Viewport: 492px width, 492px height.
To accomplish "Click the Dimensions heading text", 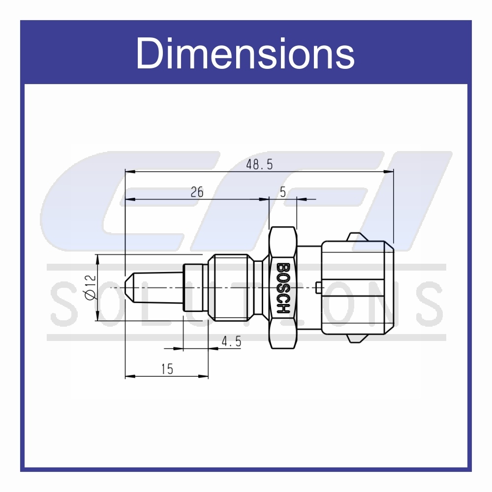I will (245, 53).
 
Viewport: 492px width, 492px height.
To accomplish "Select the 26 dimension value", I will (197, 192).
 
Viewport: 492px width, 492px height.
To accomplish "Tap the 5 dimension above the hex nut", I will (283, 192).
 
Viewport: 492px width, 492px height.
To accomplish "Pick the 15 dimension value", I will (167, 369).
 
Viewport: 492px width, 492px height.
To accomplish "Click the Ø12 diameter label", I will (89, 287).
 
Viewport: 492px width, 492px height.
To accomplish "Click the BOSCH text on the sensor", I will (283, 288).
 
